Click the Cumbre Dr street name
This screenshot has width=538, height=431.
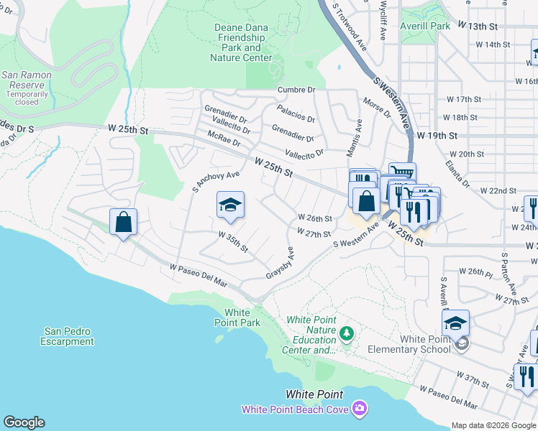tap(296, 90)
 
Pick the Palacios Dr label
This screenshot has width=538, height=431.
tap(296, 113)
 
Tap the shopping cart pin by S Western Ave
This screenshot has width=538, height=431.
tap(402, 172)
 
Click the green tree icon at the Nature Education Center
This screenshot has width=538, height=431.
tap(347, 333)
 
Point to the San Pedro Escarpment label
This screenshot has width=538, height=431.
tap(68, 336)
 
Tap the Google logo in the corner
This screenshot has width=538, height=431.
tap(24, 422)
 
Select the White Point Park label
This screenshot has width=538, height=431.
tap(237, 318)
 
